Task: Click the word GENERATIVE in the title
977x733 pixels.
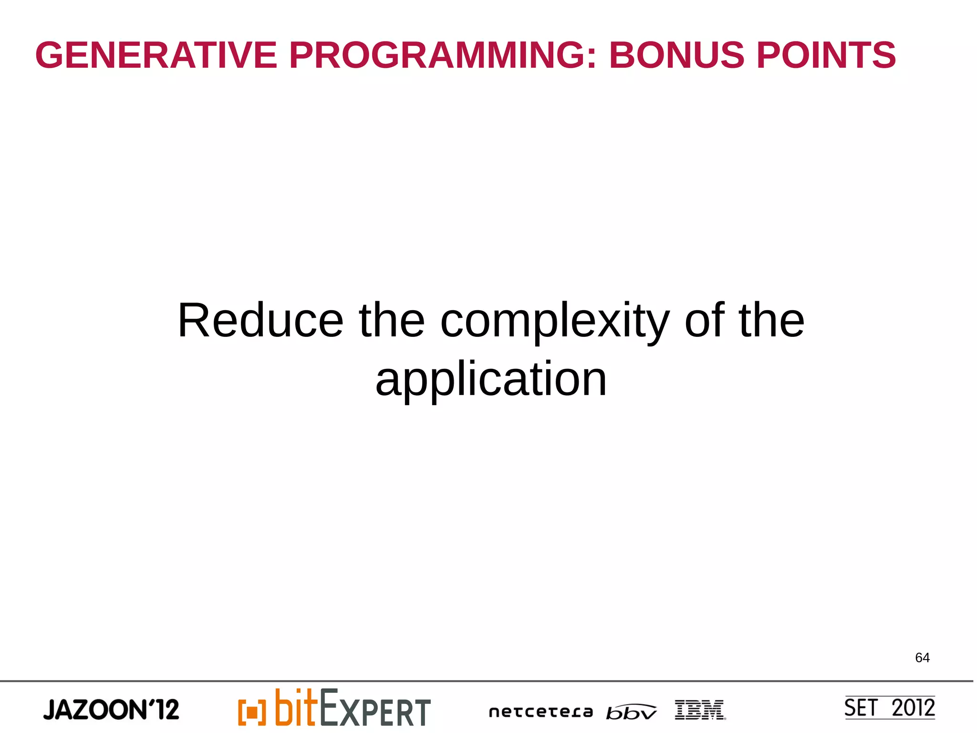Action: (x=156, y=55)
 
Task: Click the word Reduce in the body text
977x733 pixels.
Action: (x=260, y=321)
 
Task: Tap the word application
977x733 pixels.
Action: (x=491, y=379)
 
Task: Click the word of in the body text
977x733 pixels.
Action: (x=704, y=321)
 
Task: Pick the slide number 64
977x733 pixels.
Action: (x=922, y=658)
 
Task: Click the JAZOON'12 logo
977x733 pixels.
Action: (x=111, y=710)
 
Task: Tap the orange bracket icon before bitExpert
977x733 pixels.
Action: (x=251, y=712)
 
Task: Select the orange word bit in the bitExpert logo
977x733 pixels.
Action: (x=296, y=707)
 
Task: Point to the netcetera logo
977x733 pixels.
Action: (x=540, y=712)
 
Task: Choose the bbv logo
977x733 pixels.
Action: (x=631, y=712)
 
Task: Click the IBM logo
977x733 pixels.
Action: (x=700, y=710)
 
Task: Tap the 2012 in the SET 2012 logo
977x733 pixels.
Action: (x=913, y=708)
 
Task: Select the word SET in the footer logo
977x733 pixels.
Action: (x=861, y=708)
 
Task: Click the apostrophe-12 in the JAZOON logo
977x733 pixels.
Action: (x=163, y=709)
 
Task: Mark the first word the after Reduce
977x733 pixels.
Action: (x=391, y=321)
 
